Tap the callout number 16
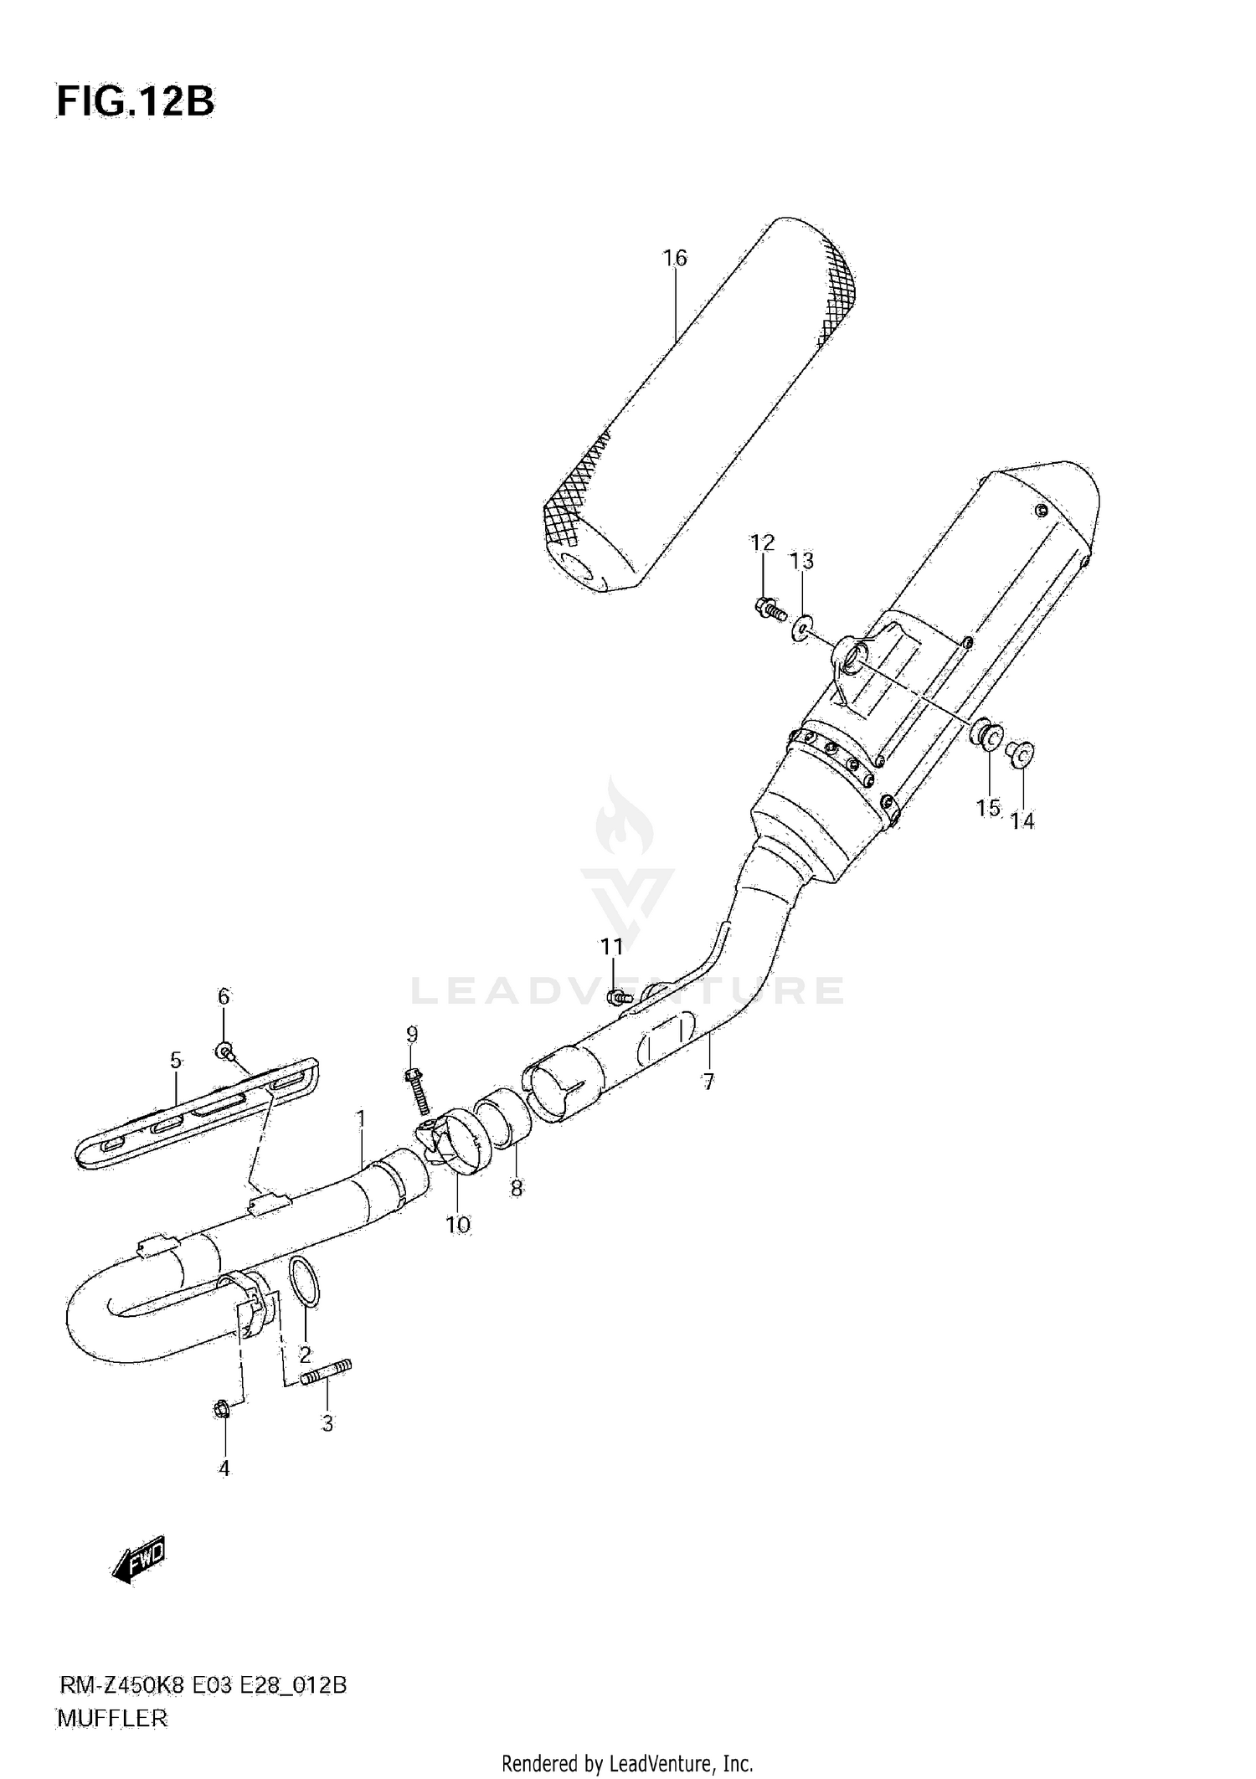[x=675, y=259]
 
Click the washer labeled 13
[x=802, y=626]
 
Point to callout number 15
[x=988, y=807]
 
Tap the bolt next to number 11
[x=619, y=996]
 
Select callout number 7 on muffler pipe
[x=708, y=1082]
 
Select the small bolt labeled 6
[x=225, y=1050]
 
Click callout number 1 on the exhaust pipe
[x=360, y=1118]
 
